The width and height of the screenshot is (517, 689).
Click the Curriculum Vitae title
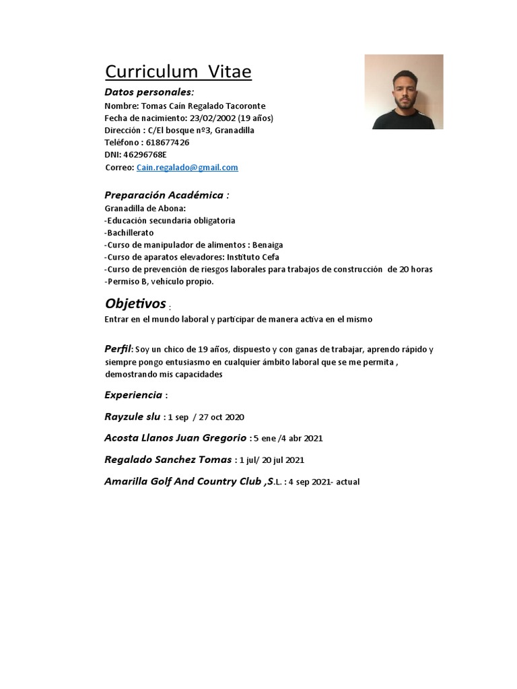178,72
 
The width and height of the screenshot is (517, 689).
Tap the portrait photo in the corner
404,92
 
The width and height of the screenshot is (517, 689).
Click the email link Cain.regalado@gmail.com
187,168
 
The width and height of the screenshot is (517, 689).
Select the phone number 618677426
167,143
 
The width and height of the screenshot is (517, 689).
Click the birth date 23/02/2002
213,118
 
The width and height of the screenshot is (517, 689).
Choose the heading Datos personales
149,92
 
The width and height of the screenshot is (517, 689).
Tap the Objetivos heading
135,303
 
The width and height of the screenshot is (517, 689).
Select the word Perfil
118,349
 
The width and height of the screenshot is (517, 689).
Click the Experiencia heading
133,395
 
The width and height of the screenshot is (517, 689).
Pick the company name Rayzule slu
132,416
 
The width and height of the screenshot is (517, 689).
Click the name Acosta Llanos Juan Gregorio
175,438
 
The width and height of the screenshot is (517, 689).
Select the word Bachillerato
131,233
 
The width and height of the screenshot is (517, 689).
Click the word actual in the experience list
348,482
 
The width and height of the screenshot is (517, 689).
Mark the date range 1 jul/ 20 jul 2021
272,461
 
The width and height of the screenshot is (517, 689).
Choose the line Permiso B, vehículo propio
160,281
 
